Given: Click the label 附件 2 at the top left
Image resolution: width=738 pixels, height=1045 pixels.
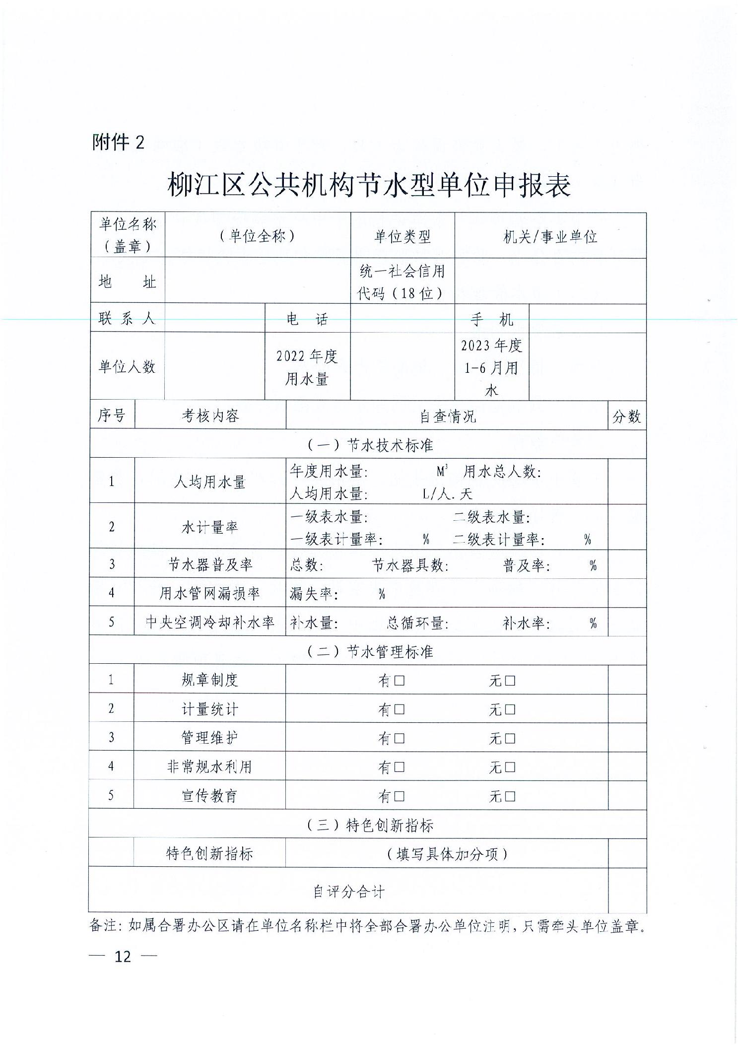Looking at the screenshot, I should click(x=118, y=142).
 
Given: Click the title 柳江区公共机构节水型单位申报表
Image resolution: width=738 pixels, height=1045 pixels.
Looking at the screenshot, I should click(x=369, y=185).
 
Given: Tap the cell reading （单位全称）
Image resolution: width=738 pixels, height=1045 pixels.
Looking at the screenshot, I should click(x=258, y=236).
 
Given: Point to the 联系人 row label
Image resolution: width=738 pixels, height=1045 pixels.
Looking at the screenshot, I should click(x=127, y=318).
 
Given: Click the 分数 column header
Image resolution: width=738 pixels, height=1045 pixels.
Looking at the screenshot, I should click(x=626, y=416).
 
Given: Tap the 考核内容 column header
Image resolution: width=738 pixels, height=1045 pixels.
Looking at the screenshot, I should click(x=210, y=416).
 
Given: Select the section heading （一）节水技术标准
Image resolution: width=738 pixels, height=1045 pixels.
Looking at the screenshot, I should click(x=369, y=445).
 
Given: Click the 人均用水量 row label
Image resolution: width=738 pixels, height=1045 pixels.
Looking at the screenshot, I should click(x=209, y=482).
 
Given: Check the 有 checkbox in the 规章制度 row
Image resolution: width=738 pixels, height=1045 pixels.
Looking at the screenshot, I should click(x=399, y=681).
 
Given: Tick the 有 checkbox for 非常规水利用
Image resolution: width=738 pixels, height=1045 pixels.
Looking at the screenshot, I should click(x=399, y=767).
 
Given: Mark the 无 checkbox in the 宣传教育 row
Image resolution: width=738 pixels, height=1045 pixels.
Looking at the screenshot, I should click(x=510, y=797).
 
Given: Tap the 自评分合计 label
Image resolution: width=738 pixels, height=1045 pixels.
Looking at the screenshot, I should click(x=348, y=892).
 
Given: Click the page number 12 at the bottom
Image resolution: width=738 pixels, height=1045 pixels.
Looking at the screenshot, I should click(x=123, y=956).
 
